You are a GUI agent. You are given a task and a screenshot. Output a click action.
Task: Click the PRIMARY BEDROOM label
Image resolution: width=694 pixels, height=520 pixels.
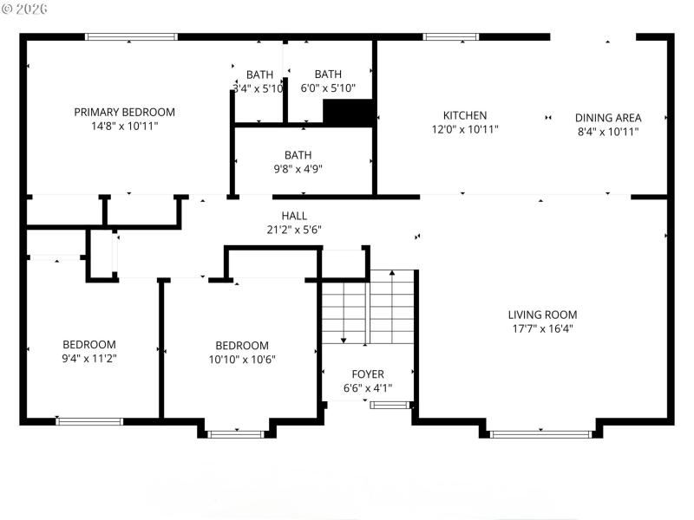click(x=124, y=112)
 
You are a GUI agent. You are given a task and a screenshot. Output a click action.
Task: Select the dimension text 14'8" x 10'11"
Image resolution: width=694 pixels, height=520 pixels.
click(x=124, y=127)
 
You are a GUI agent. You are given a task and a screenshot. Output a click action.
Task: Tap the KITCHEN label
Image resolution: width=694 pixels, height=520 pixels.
click(x=465, y=115)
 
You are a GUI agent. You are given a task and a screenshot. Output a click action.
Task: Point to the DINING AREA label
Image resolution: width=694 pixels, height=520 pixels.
click(x=608, y=118)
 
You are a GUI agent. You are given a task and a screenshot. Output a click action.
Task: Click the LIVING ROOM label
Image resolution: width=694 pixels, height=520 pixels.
click(x=542, y=315)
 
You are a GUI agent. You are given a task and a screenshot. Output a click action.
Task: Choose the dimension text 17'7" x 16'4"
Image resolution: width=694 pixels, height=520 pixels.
click(x=542, y=329)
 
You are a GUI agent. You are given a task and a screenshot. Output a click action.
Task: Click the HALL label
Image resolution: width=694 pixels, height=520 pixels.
click(x=294, y=216)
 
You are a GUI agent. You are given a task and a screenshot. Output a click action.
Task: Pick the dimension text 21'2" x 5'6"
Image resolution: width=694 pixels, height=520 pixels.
click(x=294, y=231)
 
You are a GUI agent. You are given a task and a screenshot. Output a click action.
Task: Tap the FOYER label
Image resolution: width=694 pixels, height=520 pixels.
click(x=368, y=374)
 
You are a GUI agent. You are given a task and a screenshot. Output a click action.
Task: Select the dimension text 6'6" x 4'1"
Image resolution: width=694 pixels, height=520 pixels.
click(x=368, y=388)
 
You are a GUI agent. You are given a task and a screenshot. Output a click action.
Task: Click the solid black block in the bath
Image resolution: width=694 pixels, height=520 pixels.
click(x=348, y=113)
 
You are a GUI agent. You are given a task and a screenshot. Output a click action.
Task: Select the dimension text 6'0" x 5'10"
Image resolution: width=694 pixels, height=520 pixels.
click(x=327, y=88)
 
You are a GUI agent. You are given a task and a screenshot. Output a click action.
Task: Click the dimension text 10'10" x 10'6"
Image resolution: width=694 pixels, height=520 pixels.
click(x=242, y=360)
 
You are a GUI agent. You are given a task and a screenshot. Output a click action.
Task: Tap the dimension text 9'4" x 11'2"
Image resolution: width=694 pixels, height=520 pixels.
click(x=88, y=359)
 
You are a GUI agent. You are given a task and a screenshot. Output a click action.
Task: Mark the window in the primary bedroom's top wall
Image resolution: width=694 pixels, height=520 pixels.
click(x=132, y=37)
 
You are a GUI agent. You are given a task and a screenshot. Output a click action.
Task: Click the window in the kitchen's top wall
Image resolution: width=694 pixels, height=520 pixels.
click(x=450, y=37)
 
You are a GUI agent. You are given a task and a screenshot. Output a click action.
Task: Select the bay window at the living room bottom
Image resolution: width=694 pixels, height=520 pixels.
click(x=541, y=432)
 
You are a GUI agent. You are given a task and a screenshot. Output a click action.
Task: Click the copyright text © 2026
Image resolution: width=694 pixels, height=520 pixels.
click(x=25, y=8)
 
